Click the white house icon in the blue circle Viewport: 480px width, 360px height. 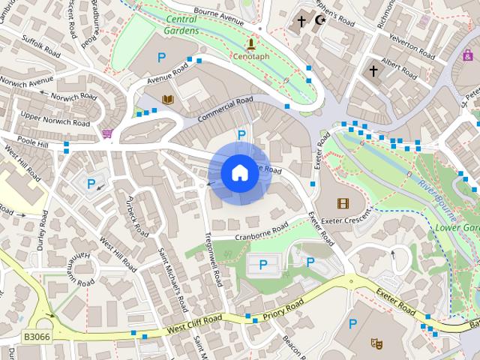239,173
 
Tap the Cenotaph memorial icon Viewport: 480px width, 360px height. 251,45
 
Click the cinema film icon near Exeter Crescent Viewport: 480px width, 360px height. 343,202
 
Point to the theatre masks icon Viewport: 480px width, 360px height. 376,343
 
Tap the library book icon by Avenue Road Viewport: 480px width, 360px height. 169,99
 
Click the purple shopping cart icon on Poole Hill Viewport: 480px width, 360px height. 106,133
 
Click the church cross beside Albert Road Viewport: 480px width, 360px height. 373,70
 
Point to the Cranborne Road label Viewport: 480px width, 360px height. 262,232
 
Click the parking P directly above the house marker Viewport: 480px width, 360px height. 241,135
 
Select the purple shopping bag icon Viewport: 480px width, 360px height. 468,55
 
